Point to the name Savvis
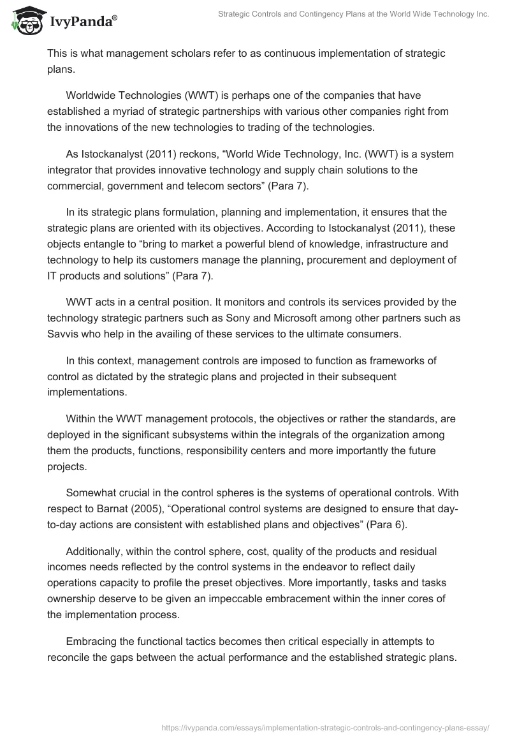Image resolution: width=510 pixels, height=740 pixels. click(x=64, y=334)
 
